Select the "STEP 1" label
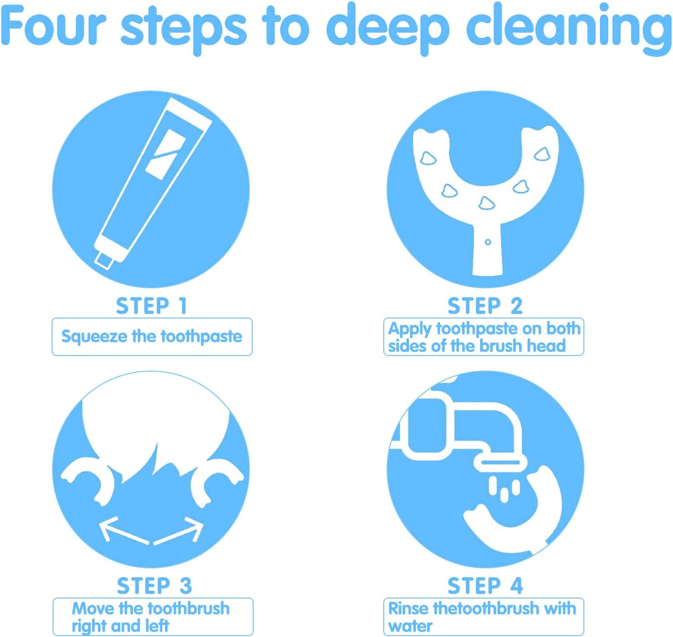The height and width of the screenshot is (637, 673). [x=151, y=306]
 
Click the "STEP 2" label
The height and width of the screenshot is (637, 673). [x=485, y=306]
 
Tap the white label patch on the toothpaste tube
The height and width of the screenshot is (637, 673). [x=166, y=153]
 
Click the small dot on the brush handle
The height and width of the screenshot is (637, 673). [x=488, y=242]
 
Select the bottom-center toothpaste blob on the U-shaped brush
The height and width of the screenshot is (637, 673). [x=486, y=203]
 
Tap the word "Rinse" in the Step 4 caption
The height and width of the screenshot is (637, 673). [x=409, y=609]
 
